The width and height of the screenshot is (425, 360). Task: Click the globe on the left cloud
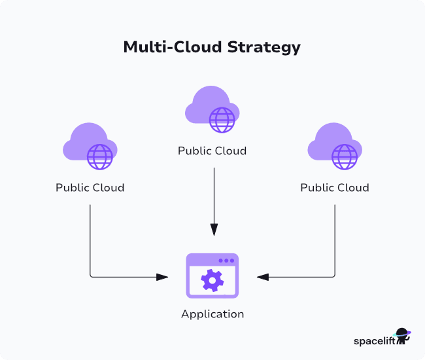coord(100,156)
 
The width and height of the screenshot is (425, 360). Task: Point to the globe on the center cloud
coord(222,119)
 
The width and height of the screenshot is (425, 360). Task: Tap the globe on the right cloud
coord(345,156)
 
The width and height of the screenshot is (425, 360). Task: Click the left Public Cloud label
coord(90,188)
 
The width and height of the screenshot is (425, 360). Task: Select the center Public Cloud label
coord(212,151)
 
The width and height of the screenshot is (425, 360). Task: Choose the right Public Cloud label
coord(334,188)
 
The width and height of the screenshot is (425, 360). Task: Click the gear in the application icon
coord(212,281)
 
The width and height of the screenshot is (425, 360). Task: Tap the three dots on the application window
coord(226,261)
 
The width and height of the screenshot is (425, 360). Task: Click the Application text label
coord(212,314)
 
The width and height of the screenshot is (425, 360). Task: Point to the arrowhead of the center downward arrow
coord(212,230)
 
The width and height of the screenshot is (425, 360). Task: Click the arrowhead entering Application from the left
coord(163,277)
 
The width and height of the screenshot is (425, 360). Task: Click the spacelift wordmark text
coord(374,340)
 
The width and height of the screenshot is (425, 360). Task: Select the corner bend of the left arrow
coord(90,277)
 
